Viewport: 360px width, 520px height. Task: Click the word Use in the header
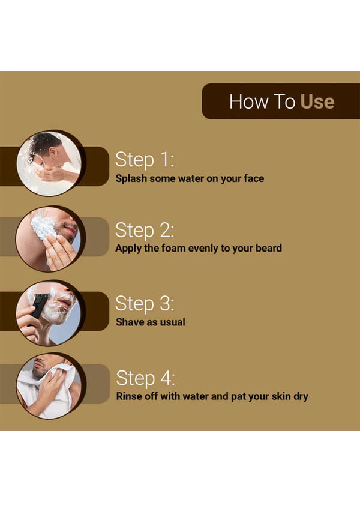click(x=317, y=101)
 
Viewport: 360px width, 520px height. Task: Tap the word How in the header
click(x=248, y=101)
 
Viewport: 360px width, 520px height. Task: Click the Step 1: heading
click(x=145, y=160)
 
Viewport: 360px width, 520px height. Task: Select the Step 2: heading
click(x=145, y=230)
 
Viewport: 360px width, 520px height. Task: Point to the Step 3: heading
click(x=145, y=304)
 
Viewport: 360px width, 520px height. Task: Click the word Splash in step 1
click(x=131, y=179)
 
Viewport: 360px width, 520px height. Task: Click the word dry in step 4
click(x=301, y=397)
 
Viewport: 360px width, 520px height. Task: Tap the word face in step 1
click(x=254, y=178)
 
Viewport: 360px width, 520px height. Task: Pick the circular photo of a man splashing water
click(x=49, y=163)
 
